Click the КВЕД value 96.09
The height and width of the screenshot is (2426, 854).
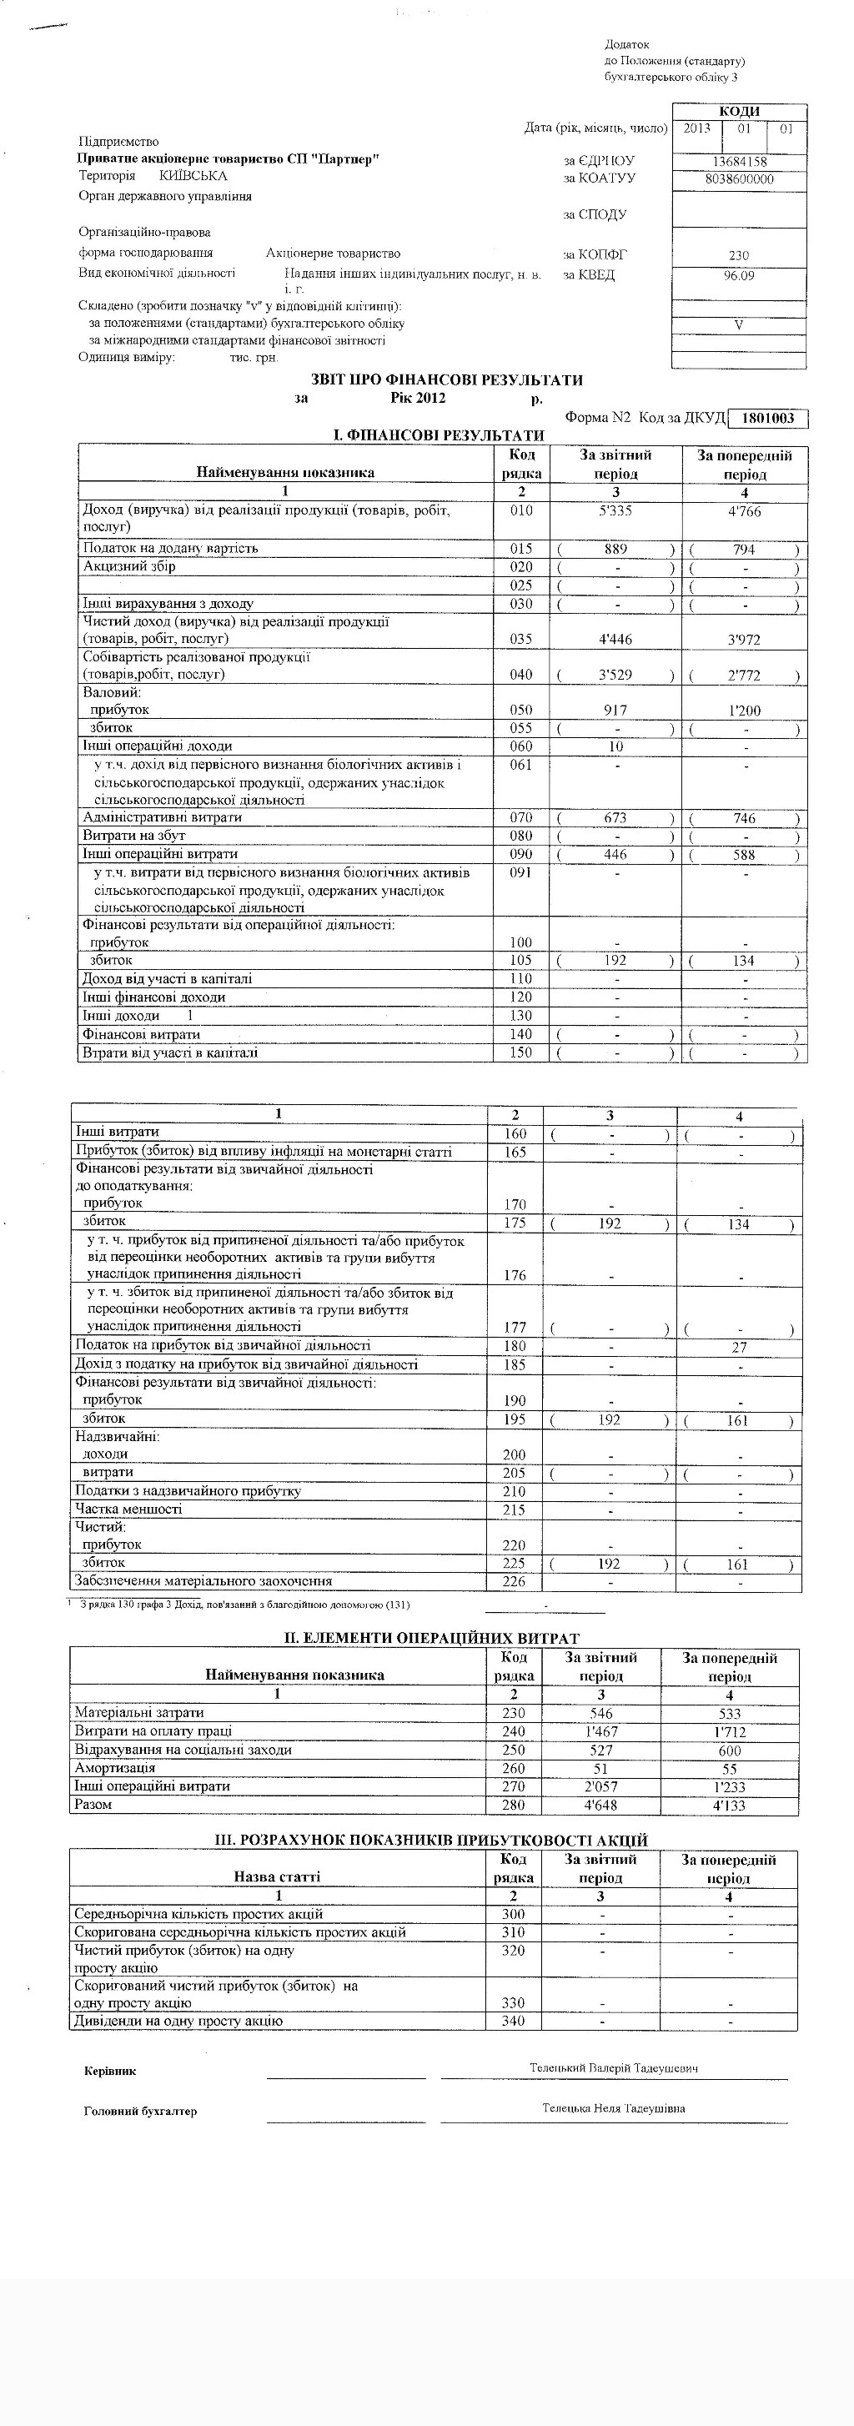click(739, 276)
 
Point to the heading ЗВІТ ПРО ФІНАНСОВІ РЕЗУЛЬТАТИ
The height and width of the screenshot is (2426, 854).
click(446, 380)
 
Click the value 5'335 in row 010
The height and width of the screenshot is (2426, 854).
click(615, 511)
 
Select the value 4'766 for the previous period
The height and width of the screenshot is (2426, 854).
click(744, 512)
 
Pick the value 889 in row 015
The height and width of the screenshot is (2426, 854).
click(615, 549)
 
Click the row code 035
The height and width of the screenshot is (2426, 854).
click(520, 640)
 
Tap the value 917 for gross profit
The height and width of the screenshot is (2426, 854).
click(615, 710)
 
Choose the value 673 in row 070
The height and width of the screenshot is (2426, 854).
click(615, 818)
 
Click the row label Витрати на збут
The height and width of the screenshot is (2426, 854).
click(134, 836)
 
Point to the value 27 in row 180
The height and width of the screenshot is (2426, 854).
click(739, 1348)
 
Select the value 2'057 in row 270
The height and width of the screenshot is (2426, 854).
click(600, 1786)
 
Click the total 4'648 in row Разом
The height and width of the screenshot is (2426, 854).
click(600, 1806)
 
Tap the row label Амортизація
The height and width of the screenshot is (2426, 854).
click(115, 1768)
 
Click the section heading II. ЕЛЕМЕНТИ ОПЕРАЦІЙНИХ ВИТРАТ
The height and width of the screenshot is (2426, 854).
click(432, 1639)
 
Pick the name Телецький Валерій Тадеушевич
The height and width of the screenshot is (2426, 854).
click(614, 2068)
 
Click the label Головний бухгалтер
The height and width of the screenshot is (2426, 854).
click(140, 2111)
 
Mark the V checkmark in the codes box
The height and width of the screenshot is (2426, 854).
click(739, 325)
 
